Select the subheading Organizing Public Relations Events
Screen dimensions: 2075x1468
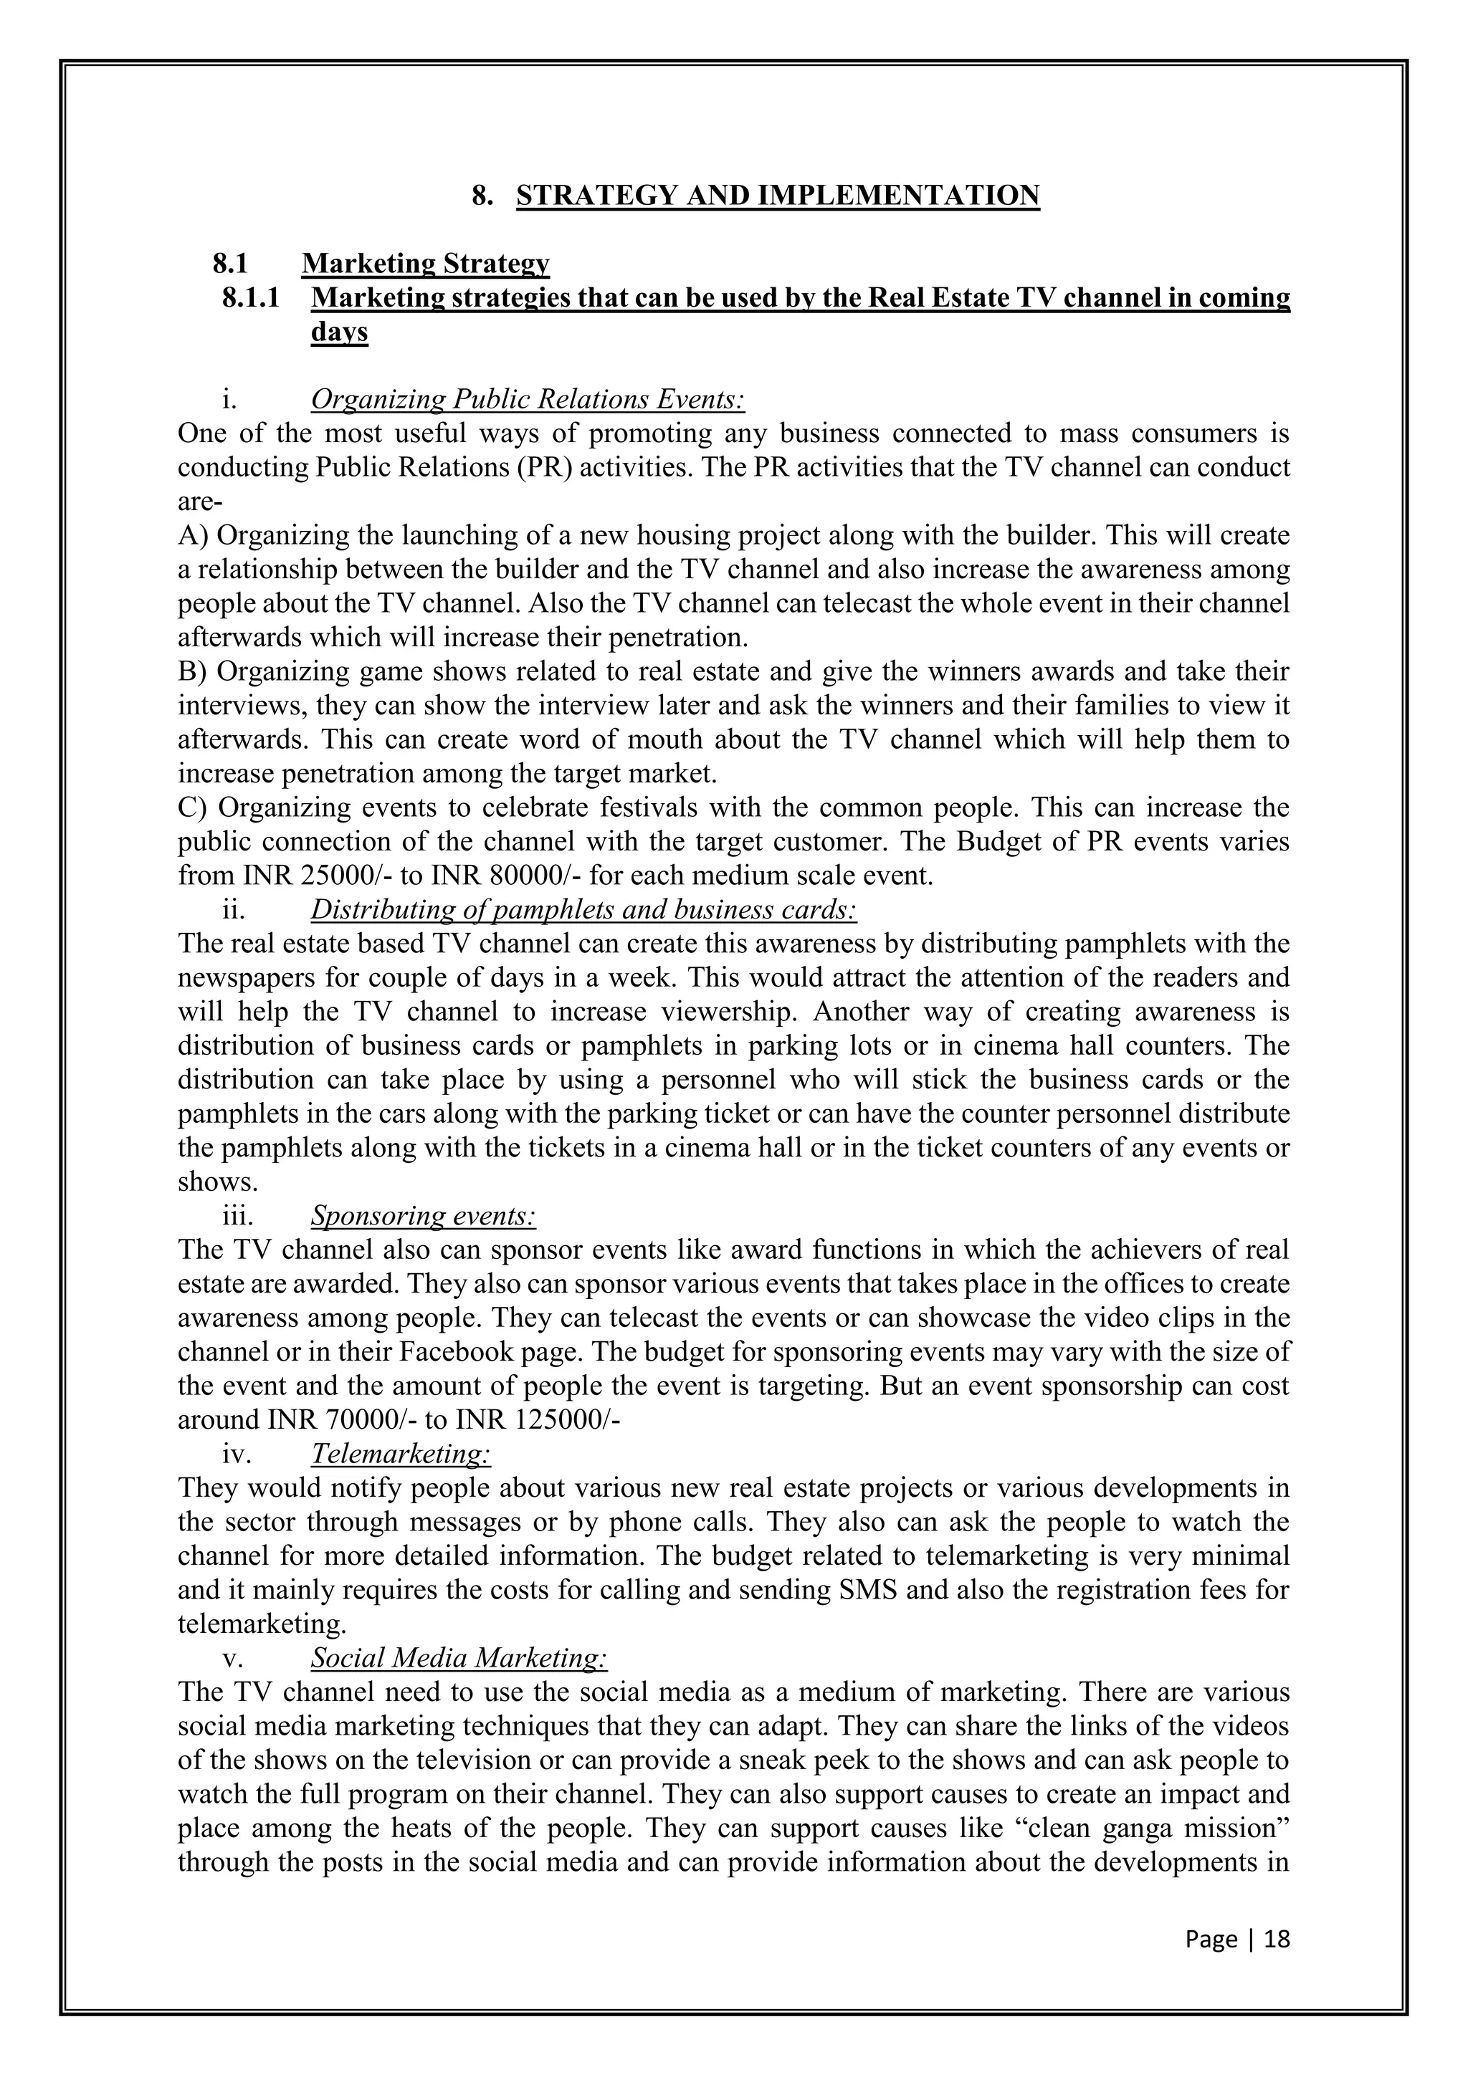coord(527,400)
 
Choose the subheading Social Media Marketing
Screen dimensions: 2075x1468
coord(458,1657)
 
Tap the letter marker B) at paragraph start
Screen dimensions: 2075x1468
coord(194,672)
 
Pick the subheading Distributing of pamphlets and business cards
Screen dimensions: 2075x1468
coord(583,909)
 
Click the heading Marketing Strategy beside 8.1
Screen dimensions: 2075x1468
coord(425,264)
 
